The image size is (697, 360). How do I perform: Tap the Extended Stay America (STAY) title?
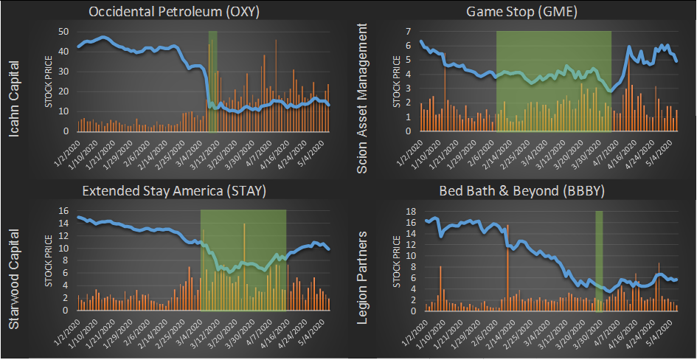click(174, 191)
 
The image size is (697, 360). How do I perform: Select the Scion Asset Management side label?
click(362, 98)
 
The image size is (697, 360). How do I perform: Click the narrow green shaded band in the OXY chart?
click(212, 81)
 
